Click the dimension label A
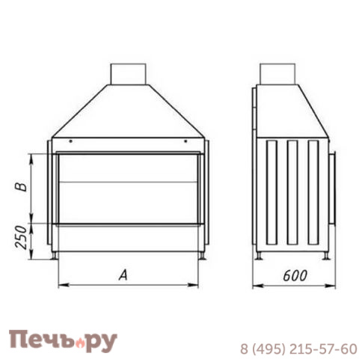pyautogui.click(x=123, y=275)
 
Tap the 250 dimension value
pyautogui.click(x=21, y=237)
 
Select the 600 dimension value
pyautogui.click(x=295, y=276)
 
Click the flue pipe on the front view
pyautogui.click(x=128, y=74)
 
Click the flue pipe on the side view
pyautogui.click(x=277, y=74)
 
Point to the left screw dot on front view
pyautogui.click(x=71, y=141)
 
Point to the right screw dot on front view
pyautogui.click(x=185, y=141)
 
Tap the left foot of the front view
pyautogui.click(x=54, y=256)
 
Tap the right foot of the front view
pyautogui.click(x=203, y=256)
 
